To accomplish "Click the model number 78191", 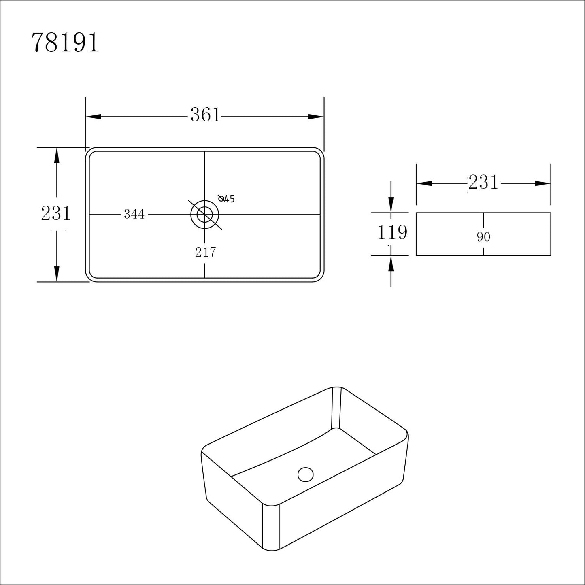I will (65, 43).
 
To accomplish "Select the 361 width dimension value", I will (205, 115).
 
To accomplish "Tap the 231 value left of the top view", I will (56, 213).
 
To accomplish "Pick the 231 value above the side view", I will (483, 183).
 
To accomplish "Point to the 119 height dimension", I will (392, 232).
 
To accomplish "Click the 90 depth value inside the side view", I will (483, 237).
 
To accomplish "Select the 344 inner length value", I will (134, 214).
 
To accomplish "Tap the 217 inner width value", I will (205, 252).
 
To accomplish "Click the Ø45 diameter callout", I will (226, 198).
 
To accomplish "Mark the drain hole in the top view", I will (204, 214).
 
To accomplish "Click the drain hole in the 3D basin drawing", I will (305, 474).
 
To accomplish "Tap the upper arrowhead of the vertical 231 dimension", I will (57, 155).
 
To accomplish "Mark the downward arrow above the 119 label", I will (391, 204).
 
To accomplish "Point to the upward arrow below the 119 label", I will (391, 264).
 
